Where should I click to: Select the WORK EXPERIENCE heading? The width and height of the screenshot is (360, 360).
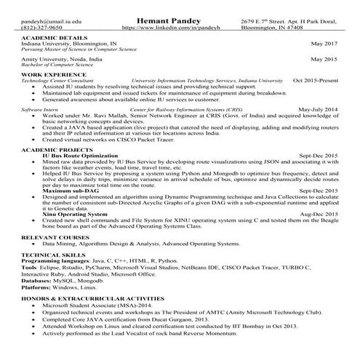click(49, 74)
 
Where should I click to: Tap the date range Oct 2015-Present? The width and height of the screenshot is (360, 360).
click(315, 80)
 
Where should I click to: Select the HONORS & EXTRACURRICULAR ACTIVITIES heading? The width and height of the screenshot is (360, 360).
click(87, 299)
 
